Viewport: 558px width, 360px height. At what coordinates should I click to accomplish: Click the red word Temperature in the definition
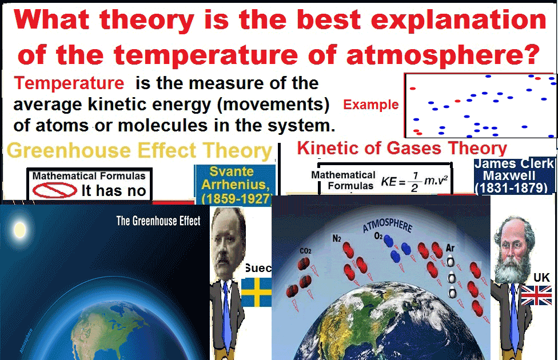(x=69, y=83)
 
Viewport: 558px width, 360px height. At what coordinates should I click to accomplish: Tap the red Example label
(x=370, y=105)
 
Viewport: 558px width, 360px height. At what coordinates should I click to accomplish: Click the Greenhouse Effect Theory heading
(x=140, y=151)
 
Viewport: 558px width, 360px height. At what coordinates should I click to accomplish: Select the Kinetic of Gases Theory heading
(x=402, y=149)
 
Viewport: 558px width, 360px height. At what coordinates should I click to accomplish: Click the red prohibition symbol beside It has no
(x=55, y=190)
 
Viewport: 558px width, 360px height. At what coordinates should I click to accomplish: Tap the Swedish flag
(x=256, y=292)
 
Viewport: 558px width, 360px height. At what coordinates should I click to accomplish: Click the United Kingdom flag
(x=536, y=295)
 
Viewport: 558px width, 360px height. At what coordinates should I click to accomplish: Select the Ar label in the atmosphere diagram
(x=451, y=249)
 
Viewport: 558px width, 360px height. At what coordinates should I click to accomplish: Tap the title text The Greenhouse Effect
(x=158, y=221)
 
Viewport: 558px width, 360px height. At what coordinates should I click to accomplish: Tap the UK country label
(x=541, y=278)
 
